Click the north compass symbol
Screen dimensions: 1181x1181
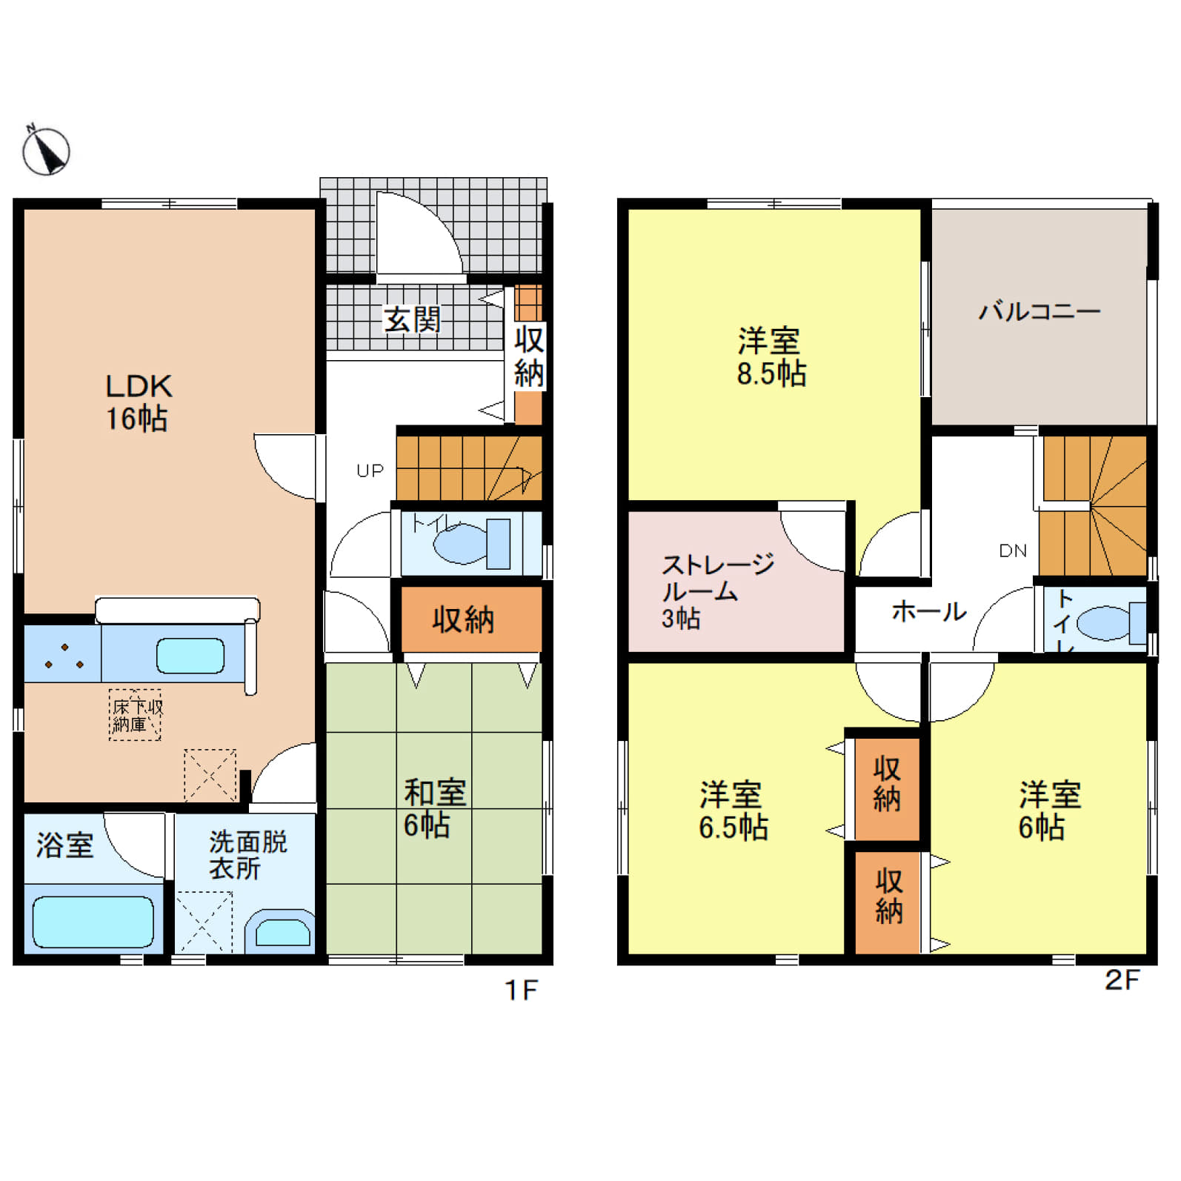tap(46, 151)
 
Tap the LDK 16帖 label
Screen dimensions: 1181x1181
tap(139, 402)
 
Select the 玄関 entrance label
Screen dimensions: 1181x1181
tap(412, 319)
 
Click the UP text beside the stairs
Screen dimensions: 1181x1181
tap(370, 470)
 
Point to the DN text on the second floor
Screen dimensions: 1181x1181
tap(1013, 550)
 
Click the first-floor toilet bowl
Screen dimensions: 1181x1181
tap(471, 544)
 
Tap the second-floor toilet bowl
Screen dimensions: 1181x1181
tap(1111, 623)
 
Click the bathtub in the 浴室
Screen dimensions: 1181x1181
tap(93, 922)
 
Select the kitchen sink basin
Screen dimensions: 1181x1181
tap(190, 656)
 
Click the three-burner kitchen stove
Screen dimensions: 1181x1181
tap(63, 654)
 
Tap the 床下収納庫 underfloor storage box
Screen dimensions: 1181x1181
tap(135, 715)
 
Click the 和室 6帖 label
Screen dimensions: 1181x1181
tap(435, 808)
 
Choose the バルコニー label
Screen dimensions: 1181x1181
tap(1039, 310)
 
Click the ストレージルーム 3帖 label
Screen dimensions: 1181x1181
tap(717, 590)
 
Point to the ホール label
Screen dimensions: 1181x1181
tap(929, 611)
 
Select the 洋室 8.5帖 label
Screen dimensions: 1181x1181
tap(771, 357)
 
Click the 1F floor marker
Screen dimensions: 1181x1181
tap(521, 990)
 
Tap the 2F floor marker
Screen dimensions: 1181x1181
tap(1122, 979)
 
